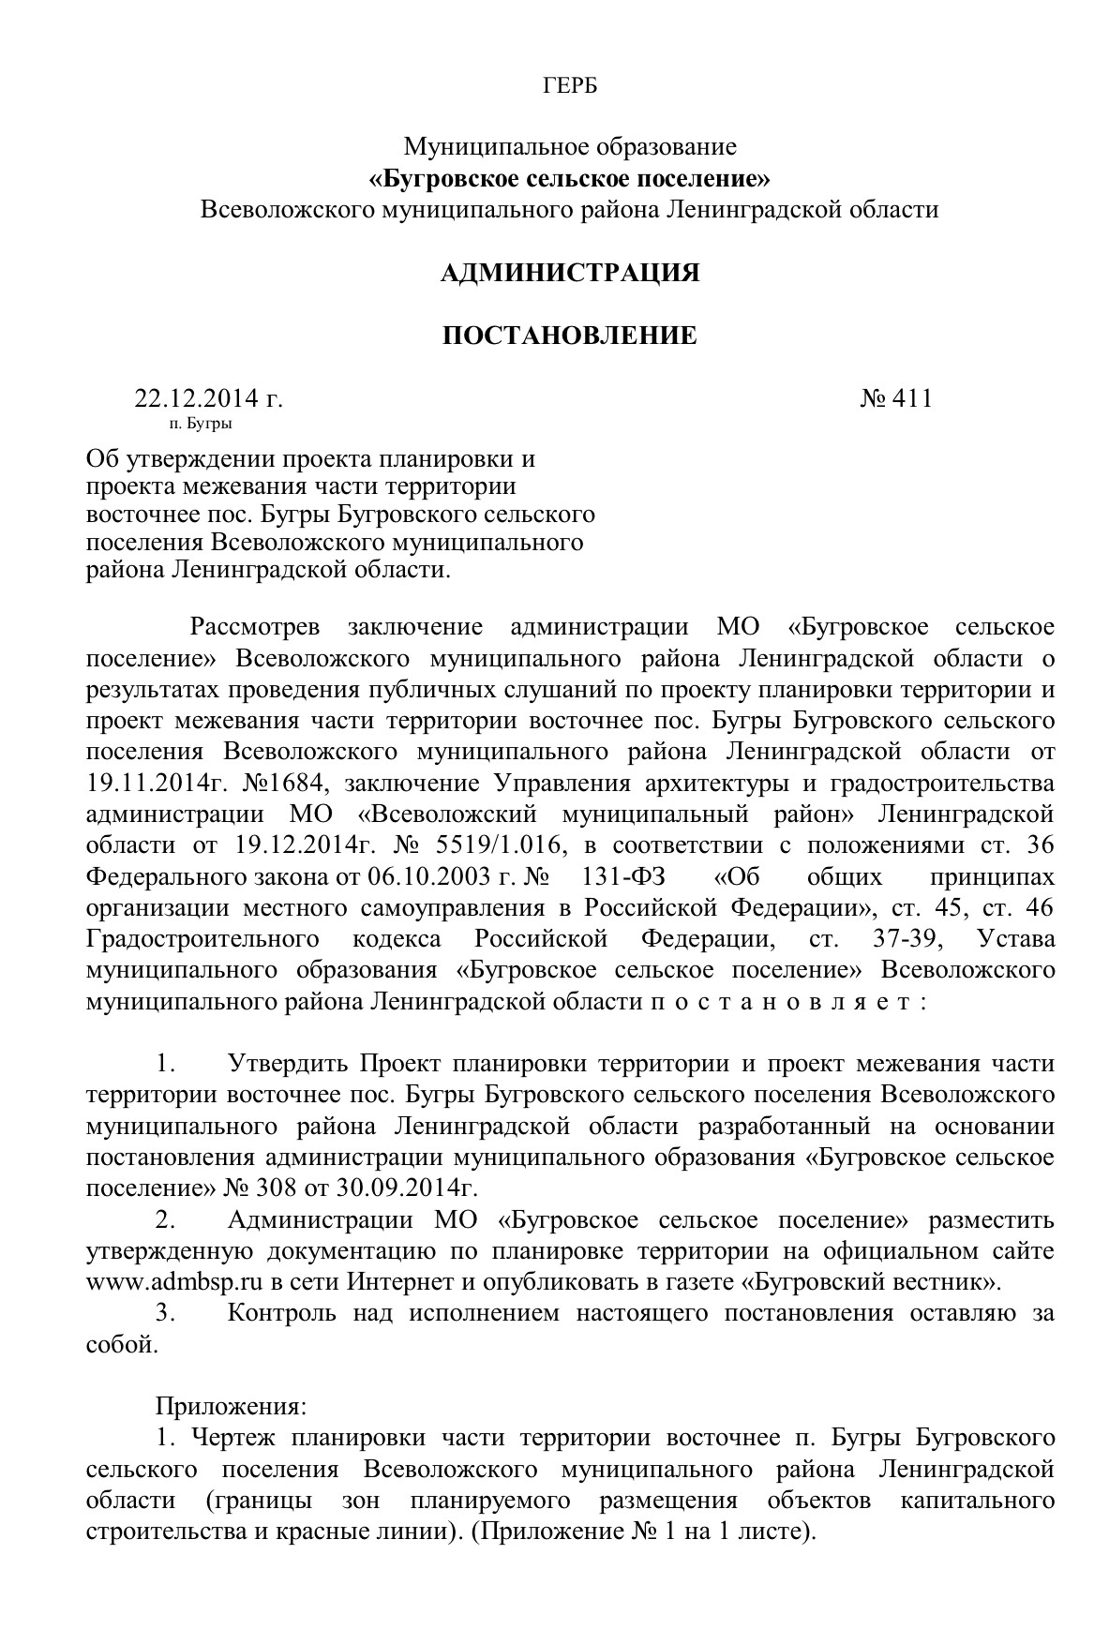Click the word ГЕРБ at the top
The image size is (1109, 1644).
[570, 86]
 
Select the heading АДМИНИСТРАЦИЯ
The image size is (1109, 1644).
[570, 273]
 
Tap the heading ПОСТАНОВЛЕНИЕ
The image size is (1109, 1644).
[570, 336]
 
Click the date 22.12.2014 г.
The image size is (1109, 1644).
[208, 398]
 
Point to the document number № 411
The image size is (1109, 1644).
[896, 398]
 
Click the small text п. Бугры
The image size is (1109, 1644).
[201, 424]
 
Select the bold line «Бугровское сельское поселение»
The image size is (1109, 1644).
[570, 177]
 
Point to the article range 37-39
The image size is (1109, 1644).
[900, 938]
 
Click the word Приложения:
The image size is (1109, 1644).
[231, 1406]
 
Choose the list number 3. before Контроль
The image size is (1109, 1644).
[167, 1312]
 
